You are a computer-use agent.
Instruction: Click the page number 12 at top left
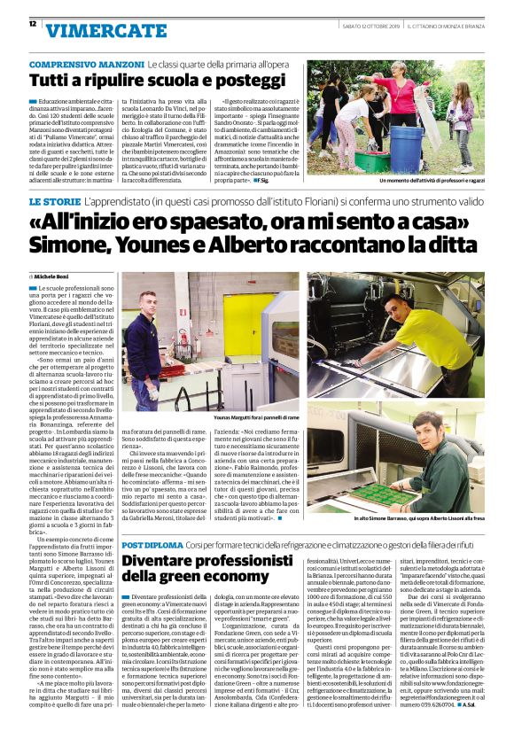tap(33, 24)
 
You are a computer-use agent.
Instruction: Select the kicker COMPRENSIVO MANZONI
tap(86, 66)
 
